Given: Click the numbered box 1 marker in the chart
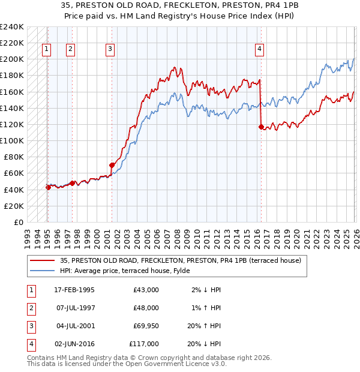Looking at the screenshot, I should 47,50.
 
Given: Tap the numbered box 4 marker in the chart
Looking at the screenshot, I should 260,50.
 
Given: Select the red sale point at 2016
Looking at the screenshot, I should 260,127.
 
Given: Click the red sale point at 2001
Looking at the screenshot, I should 112,165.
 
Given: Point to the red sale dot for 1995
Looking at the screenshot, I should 48,187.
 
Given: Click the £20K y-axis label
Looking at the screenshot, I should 13,206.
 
